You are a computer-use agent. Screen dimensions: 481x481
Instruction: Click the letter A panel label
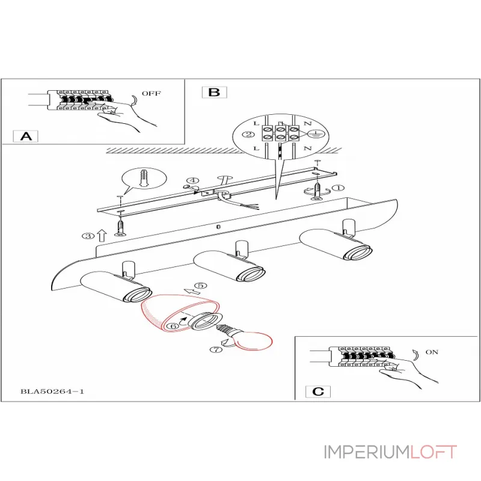click(25, 136)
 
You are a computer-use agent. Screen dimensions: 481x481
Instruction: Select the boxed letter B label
click(214, 93)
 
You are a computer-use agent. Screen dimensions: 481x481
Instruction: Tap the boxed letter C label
click(318, 391)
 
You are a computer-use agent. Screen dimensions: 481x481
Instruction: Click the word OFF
click(151, 94)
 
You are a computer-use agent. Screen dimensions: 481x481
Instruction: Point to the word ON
click(432, 352)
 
